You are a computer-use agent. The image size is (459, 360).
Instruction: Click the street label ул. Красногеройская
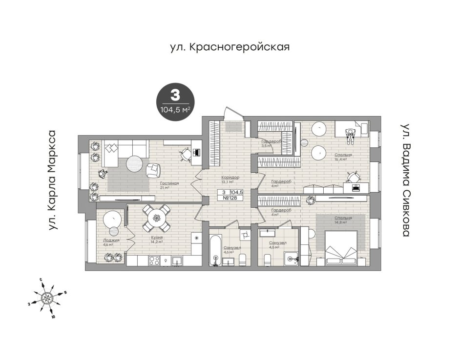(x=230, y=47)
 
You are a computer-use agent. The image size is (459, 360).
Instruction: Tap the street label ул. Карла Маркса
(x=52, y=180)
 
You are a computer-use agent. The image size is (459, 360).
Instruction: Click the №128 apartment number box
(x=230, y=198)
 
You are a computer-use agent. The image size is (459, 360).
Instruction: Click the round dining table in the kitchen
(x=156, y=218)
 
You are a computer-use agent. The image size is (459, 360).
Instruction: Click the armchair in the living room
(x=153, y=170)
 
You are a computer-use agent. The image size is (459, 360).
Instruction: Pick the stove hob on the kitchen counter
(x=154, y=260)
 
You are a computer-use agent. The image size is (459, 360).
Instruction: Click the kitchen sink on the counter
(x=176, y=260)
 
